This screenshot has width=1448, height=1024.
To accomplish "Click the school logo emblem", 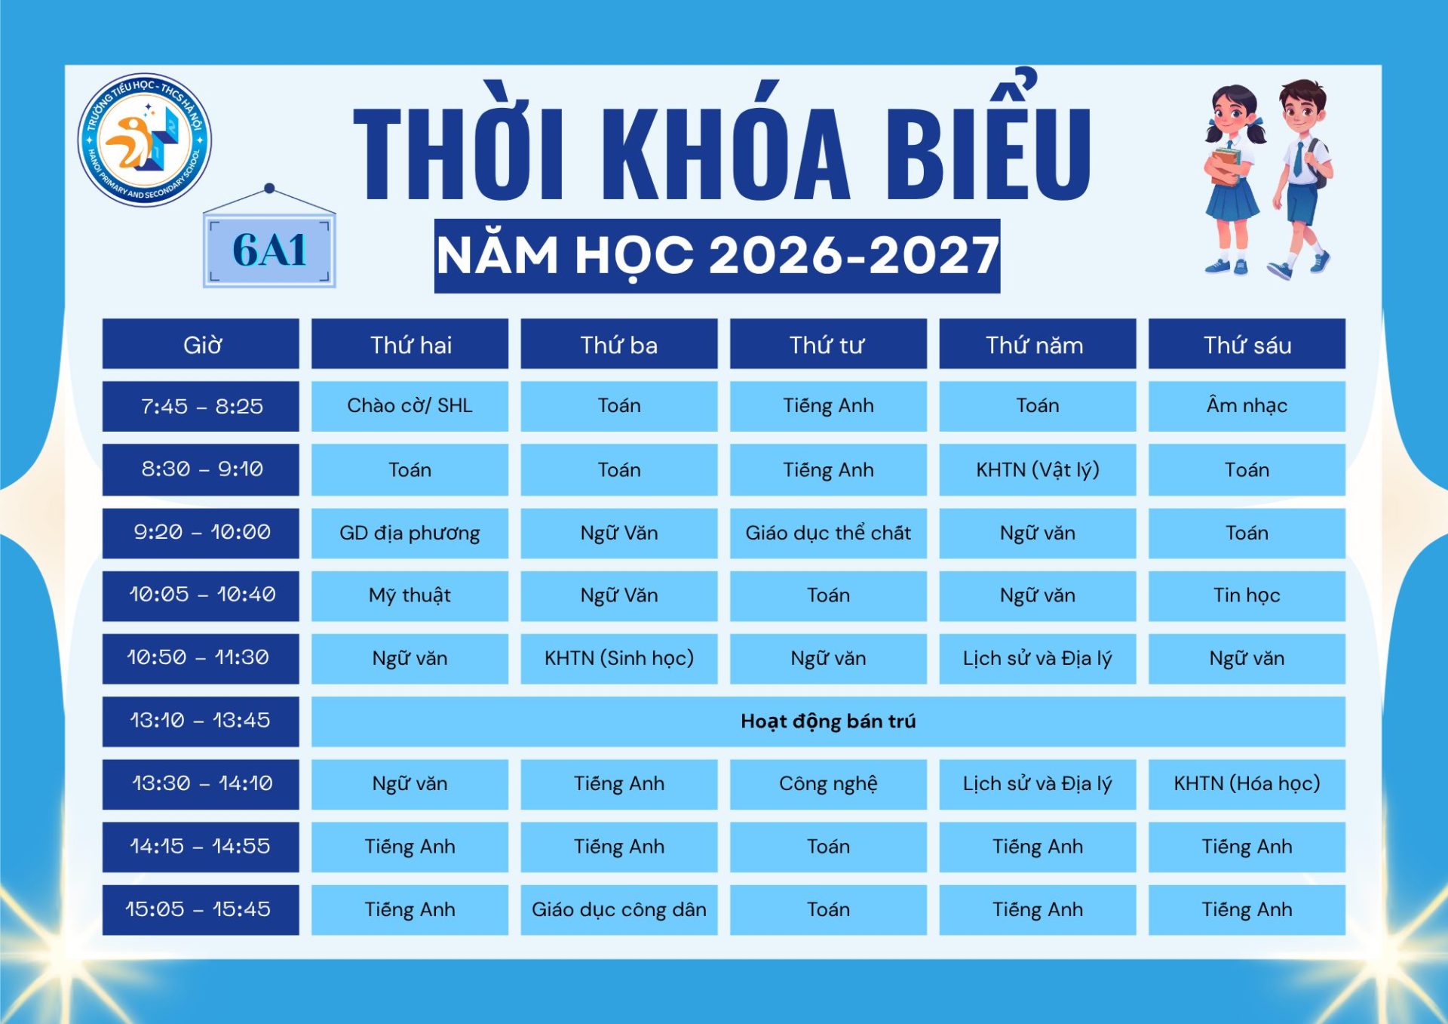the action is pos(145,140).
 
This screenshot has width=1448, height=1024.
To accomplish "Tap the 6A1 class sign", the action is pos(269,250).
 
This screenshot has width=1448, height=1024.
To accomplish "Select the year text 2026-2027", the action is pos(854,255).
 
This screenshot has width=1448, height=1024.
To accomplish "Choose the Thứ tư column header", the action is pos(828,344).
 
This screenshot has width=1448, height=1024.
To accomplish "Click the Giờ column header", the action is pos(201,344).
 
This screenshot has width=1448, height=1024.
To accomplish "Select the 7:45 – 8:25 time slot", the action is pos(201,407).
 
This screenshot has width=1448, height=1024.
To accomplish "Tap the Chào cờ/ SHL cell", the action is pos(410,407).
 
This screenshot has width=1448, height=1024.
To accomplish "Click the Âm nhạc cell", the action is pos(1247,407).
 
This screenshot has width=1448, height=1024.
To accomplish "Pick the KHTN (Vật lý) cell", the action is pos(1038,469).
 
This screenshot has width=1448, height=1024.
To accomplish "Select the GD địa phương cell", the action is pos(410,533).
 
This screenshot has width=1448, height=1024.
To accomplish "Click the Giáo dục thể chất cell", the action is pos(828,533).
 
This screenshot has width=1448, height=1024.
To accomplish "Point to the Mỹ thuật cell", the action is pos(410,595).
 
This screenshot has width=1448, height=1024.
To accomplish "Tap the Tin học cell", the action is pos(1247,595).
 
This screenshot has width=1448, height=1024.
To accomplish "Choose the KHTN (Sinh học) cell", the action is pos(619,659).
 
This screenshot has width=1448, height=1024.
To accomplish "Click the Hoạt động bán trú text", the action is pos(828,721).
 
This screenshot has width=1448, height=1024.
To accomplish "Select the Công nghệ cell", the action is pos(828,784).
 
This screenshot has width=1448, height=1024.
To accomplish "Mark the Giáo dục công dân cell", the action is pos(619,910).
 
